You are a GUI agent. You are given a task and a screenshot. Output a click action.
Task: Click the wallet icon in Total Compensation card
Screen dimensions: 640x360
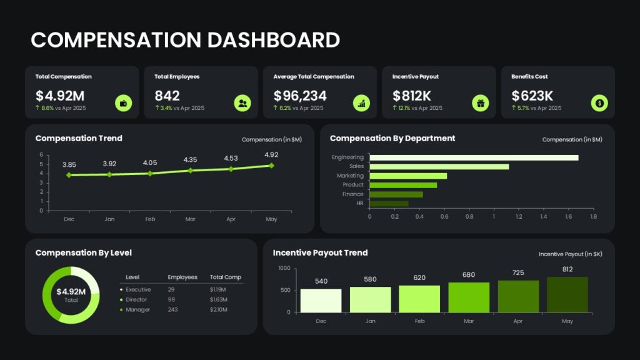coord(123,103)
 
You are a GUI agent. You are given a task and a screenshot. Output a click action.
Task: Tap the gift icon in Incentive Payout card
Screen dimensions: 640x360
coord(481,103)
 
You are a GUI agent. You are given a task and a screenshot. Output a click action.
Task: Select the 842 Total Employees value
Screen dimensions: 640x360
coord(167,96)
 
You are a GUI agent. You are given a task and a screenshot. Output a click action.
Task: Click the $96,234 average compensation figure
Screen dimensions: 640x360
coord(300,96)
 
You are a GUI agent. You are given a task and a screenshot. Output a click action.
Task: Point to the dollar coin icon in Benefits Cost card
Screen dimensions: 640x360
coord(599,103)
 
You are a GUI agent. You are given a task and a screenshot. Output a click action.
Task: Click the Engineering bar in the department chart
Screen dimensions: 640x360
coord(474,157)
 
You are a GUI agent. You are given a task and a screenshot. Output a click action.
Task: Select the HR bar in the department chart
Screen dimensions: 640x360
coord(389,203)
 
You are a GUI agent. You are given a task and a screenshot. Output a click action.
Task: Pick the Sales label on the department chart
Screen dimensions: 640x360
coord(356,166)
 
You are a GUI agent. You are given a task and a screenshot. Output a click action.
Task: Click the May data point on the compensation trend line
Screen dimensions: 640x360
coord(271,166)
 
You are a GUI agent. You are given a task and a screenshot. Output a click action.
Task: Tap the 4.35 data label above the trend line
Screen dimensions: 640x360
coord(190,159)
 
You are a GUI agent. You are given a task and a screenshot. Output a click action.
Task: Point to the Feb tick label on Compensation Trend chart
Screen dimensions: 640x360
coord(150,219)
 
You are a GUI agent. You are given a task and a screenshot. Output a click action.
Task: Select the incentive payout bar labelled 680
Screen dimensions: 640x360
coord(469,297)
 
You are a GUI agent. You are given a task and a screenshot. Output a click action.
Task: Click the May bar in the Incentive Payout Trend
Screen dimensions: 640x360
coord(567,295)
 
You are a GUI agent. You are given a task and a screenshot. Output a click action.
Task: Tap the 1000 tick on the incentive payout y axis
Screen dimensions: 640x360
coord(284,268)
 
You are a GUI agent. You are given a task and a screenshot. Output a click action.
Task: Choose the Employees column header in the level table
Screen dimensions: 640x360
coord(182,277)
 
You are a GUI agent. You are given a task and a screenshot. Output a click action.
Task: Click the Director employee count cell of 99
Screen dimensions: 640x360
coord(171,299)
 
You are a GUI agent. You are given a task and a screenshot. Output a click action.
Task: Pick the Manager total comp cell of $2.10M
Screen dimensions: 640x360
coord(219,310)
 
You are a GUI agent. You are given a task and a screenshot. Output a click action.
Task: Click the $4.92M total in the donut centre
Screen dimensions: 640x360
coord(71,291)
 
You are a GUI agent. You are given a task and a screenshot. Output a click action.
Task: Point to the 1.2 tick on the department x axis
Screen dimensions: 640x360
coord(519,217)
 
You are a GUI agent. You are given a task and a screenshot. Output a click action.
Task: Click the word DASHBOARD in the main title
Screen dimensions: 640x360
coord(274,40)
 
